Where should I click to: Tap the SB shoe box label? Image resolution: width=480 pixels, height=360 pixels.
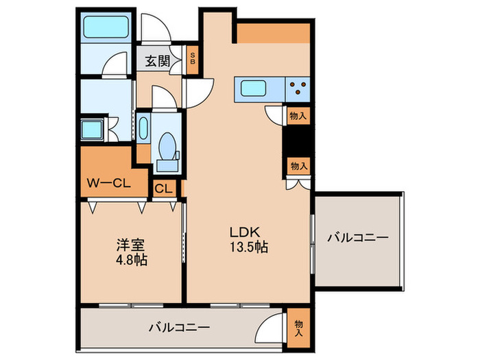coord(193,58)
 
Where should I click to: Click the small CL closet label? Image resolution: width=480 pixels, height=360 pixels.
coord(163,189)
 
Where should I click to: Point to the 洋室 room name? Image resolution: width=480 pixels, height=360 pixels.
coord(128,245)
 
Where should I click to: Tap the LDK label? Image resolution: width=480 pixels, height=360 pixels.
coord(244,231)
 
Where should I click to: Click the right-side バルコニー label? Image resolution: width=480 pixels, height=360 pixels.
coord(357,238)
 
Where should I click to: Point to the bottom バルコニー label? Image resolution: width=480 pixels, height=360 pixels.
coord(179,326)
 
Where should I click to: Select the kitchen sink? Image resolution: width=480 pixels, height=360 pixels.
coord(252,88)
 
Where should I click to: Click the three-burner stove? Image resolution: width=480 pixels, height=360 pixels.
coord(299,88)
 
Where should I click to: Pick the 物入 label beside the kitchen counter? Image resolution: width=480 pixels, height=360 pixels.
coord(298,116)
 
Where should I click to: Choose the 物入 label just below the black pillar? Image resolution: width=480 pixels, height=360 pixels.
coord(298,167)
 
